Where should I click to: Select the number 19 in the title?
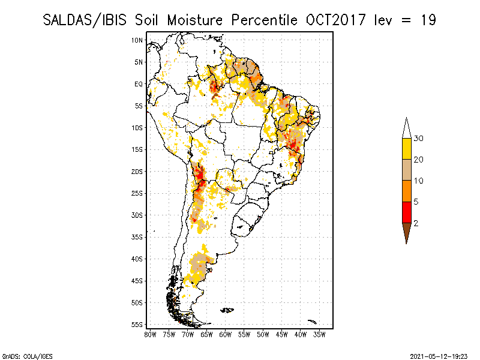pyautogui.click(x=428, y=19)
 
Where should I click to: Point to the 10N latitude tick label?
pyautogui.click(x=137, y=40)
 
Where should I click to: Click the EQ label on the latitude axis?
pyautogui.click(x=138, y=84)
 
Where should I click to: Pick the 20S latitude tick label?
pyautogui.click(x=137, y=172)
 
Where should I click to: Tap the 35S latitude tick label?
pyautogui.click(x=137, y=237)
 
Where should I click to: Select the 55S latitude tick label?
pyautogui.click(x=137, y=325)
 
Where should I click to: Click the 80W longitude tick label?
pyautogui.click(x=150, y=334)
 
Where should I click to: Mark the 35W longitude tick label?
pyautogui.click(x=319, y=334)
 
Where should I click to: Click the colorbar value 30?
pyautogui.click(x=419, y=139)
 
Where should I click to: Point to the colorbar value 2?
pyautogui.click(x=415, y=223)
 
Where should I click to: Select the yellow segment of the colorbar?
pyautogui.click(x=406, y=149)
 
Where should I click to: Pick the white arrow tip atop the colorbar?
pyautogui.click(x=406, y=128)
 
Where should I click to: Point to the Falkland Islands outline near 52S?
pyautogui.click(x=227, y=310)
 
